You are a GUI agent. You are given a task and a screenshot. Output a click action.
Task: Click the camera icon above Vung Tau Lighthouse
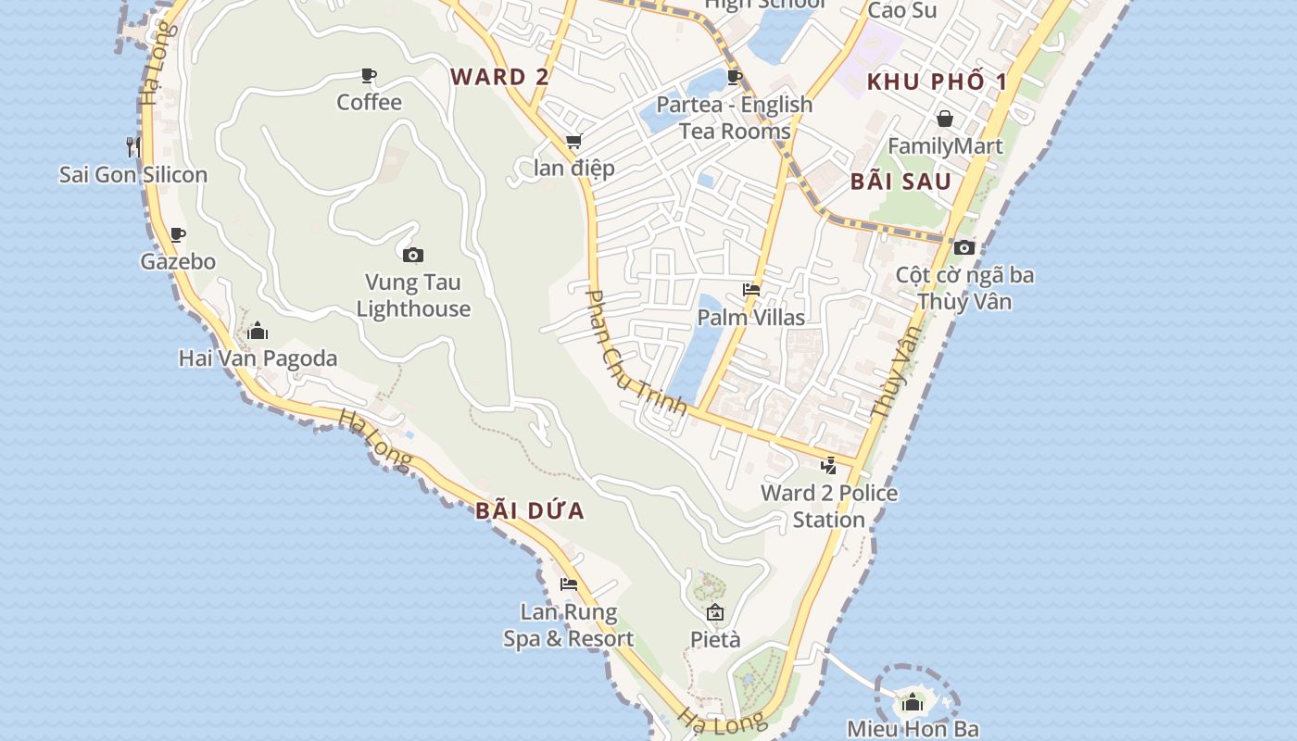[x=413, y=255]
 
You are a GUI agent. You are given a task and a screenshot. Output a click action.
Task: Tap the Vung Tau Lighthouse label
[x=413, y=295]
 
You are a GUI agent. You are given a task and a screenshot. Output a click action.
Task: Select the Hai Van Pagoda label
[x=258, y=358]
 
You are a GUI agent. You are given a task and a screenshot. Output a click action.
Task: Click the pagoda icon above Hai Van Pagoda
[x=258, y=331]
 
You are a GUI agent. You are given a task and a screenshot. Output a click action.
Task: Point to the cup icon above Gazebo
[x=177, y=234]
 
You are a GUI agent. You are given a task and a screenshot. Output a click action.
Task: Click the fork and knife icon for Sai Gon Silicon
[x=133, y=146]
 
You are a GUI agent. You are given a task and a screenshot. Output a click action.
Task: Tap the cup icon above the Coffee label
[x=369, y=75]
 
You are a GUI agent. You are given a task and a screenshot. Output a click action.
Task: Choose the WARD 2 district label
[x=500, y=77]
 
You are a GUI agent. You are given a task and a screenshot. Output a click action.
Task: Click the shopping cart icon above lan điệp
[x=573, y=142]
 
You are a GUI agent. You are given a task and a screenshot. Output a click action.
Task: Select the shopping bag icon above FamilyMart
[x=945, y=119]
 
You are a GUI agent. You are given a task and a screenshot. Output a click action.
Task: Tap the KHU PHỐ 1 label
[x=937, y=82]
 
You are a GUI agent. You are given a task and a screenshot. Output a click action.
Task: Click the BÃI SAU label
[x=900, y=182]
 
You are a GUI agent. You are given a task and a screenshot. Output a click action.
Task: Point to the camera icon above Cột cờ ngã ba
[x=964, y=247]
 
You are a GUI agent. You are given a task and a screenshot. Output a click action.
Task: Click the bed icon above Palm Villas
[x=751, y=290]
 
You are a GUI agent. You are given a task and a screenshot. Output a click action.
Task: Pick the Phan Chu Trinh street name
[x=636, y=352]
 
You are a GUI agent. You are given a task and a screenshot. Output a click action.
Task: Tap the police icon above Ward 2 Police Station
[x=829, y=465]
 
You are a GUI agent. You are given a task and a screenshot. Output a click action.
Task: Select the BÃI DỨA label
[x=530, y=510]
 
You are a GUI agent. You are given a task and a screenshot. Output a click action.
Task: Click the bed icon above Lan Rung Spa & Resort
[x=569, y=584]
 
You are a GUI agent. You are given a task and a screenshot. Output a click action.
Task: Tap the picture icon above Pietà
[x=715, y=612]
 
